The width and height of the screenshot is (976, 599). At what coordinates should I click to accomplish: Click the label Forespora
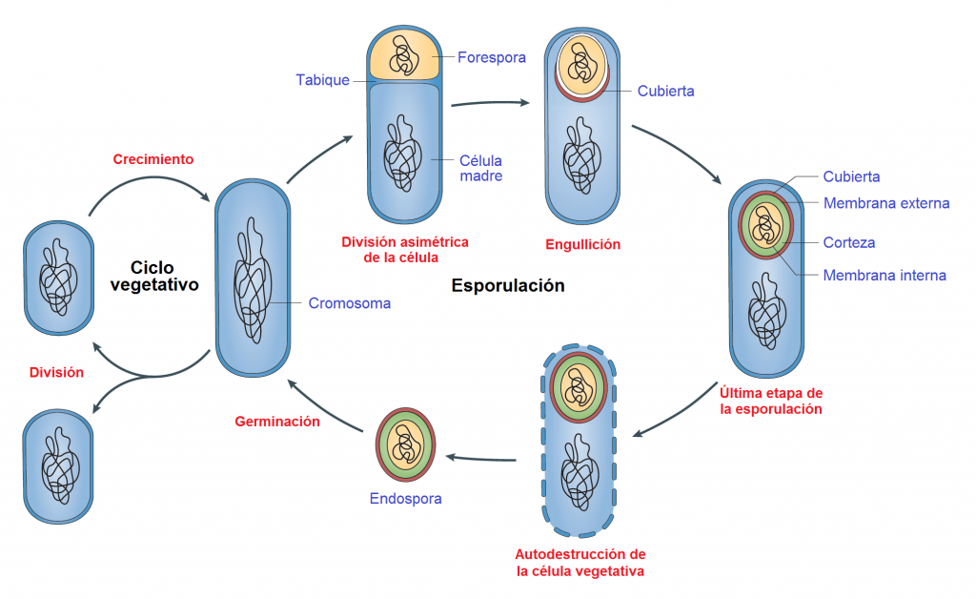(x=491, y=57)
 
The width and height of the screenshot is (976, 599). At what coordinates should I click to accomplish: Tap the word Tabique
(x=322, y=80)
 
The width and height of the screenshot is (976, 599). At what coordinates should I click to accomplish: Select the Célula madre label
(x=480, y=168)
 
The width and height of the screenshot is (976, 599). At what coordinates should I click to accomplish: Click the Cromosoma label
(x=349, y=303)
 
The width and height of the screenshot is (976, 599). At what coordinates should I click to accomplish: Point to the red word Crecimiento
(x=153, y=159)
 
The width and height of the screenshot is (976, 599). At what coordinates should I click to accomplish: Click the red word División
(x=56, y=373)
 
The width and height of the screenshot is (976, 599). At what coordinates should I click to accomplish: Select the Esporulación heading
(x=507, y=285)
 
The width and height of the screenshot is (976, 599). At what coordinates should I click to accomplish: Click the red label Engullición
(x=582, y=244)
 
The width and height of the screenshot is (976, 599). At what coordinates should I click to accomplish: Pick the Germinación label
(x=277, y=421)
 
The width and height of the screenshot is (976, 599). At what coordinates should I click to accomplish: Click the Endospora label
(x=405, y=498)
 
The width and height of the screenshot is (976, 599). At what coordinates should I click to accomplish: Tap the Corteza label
(x=849, y=242)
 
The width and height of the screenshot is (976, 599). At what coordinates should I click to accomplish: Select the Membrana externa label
(x=886, y=203)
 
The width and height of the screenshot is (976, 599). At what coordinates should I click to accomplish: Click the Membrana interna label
(x=884, y=276)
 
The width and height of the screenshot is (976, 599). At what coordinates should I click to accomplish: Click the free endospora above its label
(x=405, y=444)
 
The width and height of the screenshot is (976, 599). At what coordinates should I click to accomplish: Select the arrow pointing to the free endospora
(x=481, y=459)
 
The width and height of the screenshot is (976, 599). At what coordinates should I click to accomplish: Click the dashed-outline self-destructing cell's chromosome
(x=579, y=467)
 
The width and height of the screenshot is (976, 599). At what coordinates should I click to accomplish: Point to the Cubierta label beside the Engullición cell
(x=665, y=92)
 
